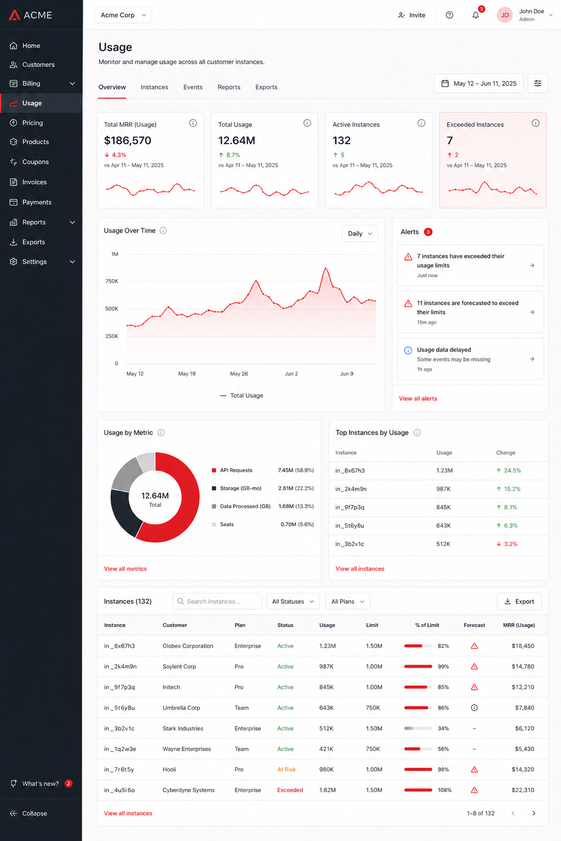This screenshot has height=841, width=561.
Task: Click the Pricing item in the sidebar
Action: click(x=32, y=123)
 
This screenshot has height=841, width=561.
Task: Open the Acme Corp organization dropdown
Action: click(x=123, y=15)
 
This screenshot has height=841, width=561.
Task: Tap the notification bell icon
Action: click(x=476, y=15)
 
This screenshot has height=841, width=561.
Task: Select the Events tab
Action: click(x=193, y=87)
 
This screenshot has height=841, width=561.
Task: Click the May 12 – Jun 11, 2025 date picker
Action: click(x=478, y=83)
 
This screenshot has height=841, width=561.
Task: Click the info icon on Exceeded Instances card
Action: click(x=535, y=123)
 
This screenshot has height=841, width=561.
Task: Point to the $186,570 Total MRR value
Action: click(x=128, y=140)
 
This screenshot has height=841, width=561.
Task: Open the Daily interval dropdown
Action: click(x=359, y=234)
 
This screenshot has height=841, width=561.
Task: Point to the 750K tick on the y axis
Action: click(x=112, y=281)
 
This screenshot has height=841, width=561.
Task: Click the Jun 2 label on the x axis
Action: click(x=291, y=373)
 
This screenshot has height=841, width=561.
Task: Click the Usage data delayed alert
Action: click(x=470, y=359)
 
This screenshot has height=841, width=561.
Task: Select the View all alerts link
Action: click(x=418, y=399)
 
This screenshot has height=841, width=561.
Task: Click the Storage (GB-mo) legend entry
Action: click(x=241, y=488)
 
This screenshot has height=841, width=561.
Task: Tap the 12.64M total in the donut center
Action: click(x=155, y=496)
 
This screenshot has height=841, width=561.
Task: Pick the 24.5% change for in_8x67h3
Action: click(x=509, y=470)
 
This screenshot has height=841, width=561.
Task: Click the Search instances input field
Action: click(x=217, y=602)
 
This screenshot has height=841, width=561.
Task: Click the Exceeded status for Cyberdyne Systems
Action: click(x=290, y=790)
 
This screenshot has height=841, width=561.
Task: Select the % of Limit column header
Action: click(x=427, y=625)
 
